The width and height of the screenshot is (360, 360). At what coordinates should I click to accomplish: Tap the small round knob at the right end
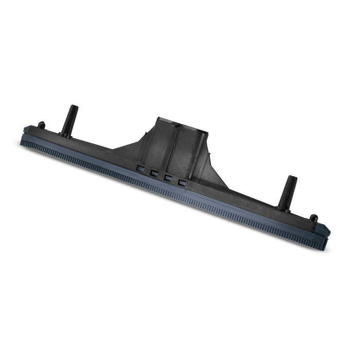(x=312, y=219)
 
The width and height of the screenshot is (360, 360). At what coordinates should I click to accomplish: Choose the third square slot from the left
(x=167, y=177)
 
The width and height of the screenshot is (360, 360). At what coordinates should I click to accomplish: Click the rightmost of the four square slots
(x=180, y=182)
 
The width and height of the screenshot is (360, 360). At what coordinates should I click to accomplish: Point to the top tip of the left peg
(x=75, y=107)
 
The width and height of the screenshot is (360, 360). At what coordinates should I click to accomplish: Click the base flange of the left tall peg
(x=65, y=135)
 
